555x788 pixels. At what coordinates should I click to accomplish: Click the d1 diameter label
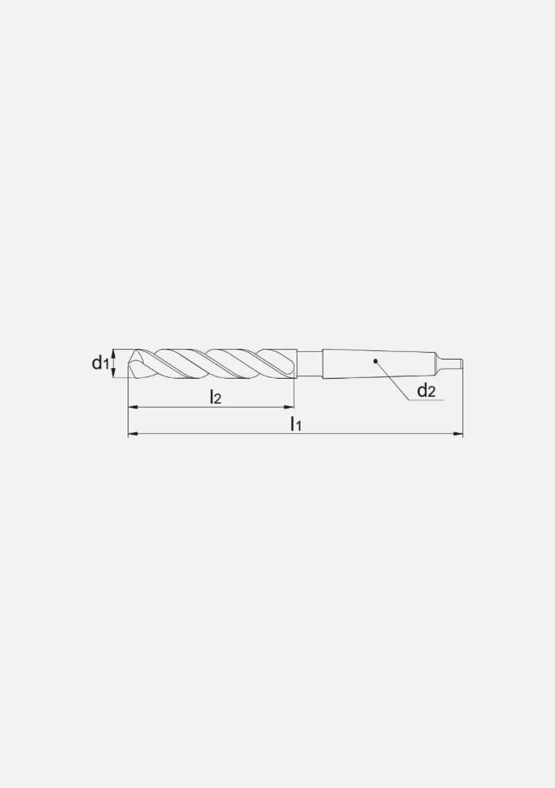(100, 363)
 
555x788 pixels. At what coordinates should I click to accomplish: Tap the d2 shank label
(426, 392)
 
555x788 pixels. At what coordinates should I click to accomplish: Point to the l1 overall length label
(296, 424)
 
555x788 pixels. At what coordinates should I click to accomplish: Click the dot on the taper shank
(375, 361)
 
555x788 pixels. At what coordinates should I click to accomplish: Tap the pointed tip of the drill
(130, 363)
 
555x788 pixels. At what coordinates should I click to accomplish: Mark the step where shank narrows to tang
(437, 363)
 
